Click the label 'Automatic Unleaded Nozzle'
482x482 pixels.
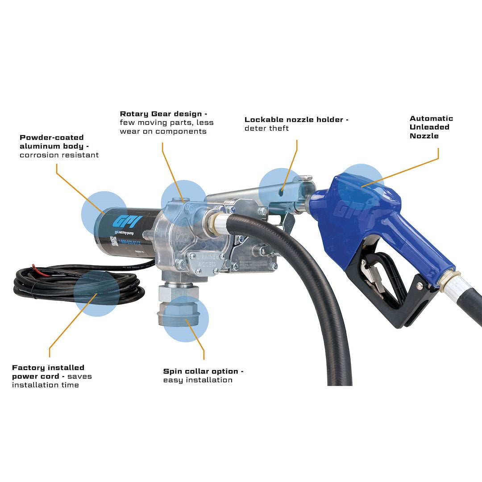[x=431, y=127]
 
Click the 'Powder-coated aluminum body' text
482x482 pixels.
[x=52, y=142]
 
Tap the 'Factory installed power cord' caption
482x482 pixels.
[x=48, y=372]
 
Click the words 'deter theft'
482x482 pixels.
[x=266, y=129]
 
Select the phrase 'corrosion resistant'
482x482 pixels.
[x=59, y=155]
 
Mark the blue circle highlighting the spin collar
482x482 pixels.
[x=186, y=319]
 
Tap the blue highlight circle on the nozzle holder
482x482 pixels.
[x=281, y=190]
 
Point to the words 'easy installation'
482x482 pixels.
[x=198, y=380]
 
